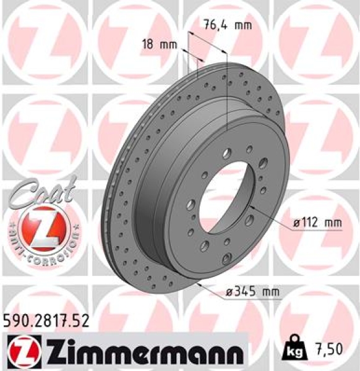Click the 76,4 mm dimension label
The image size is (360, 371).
pos(226,25)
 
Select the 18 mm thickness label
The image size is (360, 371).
pos(158,45)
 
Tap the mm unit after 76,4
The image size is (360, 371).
pos(244,25)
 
